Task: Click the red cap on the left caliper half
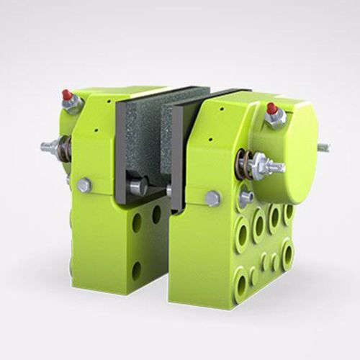tap(67, 95)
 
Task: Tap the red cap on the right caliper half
tap(271, 109)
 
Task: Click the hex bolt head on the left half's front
tap(84, 185)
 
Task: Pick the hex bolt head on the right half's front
tap(212, 198)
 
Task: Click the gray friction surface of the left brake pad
tap(144, 137)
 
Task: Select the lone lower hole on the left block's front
tap(137, 271)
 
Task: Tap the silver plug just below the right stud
tap(246, 196)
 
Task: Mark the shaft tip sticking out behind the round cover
tap(324, 148)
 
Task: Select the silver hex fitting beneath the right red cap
tap(274, 120)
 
